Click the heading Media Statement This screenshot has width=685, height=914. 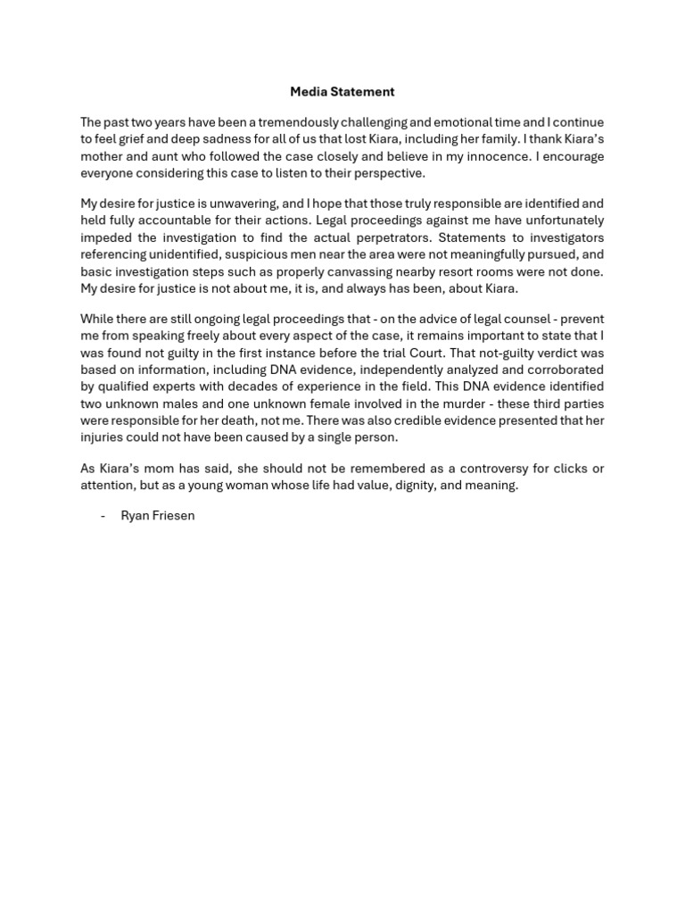(342, 92)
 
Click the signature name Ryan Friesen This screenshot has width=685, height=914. (157, 516)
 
